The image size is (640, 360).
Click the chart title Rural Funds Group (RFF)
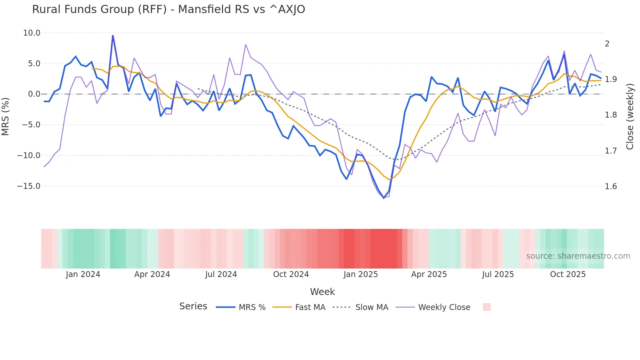168,9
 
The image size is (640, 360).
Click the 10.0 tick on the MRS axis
32,33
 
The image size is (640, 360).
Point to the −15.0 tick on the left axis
29,186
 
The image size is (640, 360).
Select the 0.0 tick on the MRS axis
34,94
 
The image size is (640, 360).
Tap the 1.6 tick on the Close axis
611,187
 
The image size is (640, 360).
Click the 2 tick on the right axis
607,44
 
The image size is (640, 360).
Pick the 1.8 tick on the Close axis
611,115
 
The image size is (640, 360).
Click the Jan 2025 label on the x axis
360,274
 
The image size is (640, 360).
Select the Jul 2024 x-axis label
221,274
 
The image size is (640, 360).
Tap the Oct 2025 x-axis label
568,274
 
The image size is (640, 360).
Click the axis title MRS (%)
6,116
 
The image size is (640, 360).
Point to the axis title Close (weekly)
630,116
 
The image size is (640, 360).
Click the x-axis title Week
322,292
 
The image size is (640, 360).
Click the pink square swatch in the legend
487,307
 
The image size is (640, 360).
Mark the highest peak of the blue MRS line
113,36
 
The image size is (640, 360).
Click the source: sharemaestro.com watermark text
578,256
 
